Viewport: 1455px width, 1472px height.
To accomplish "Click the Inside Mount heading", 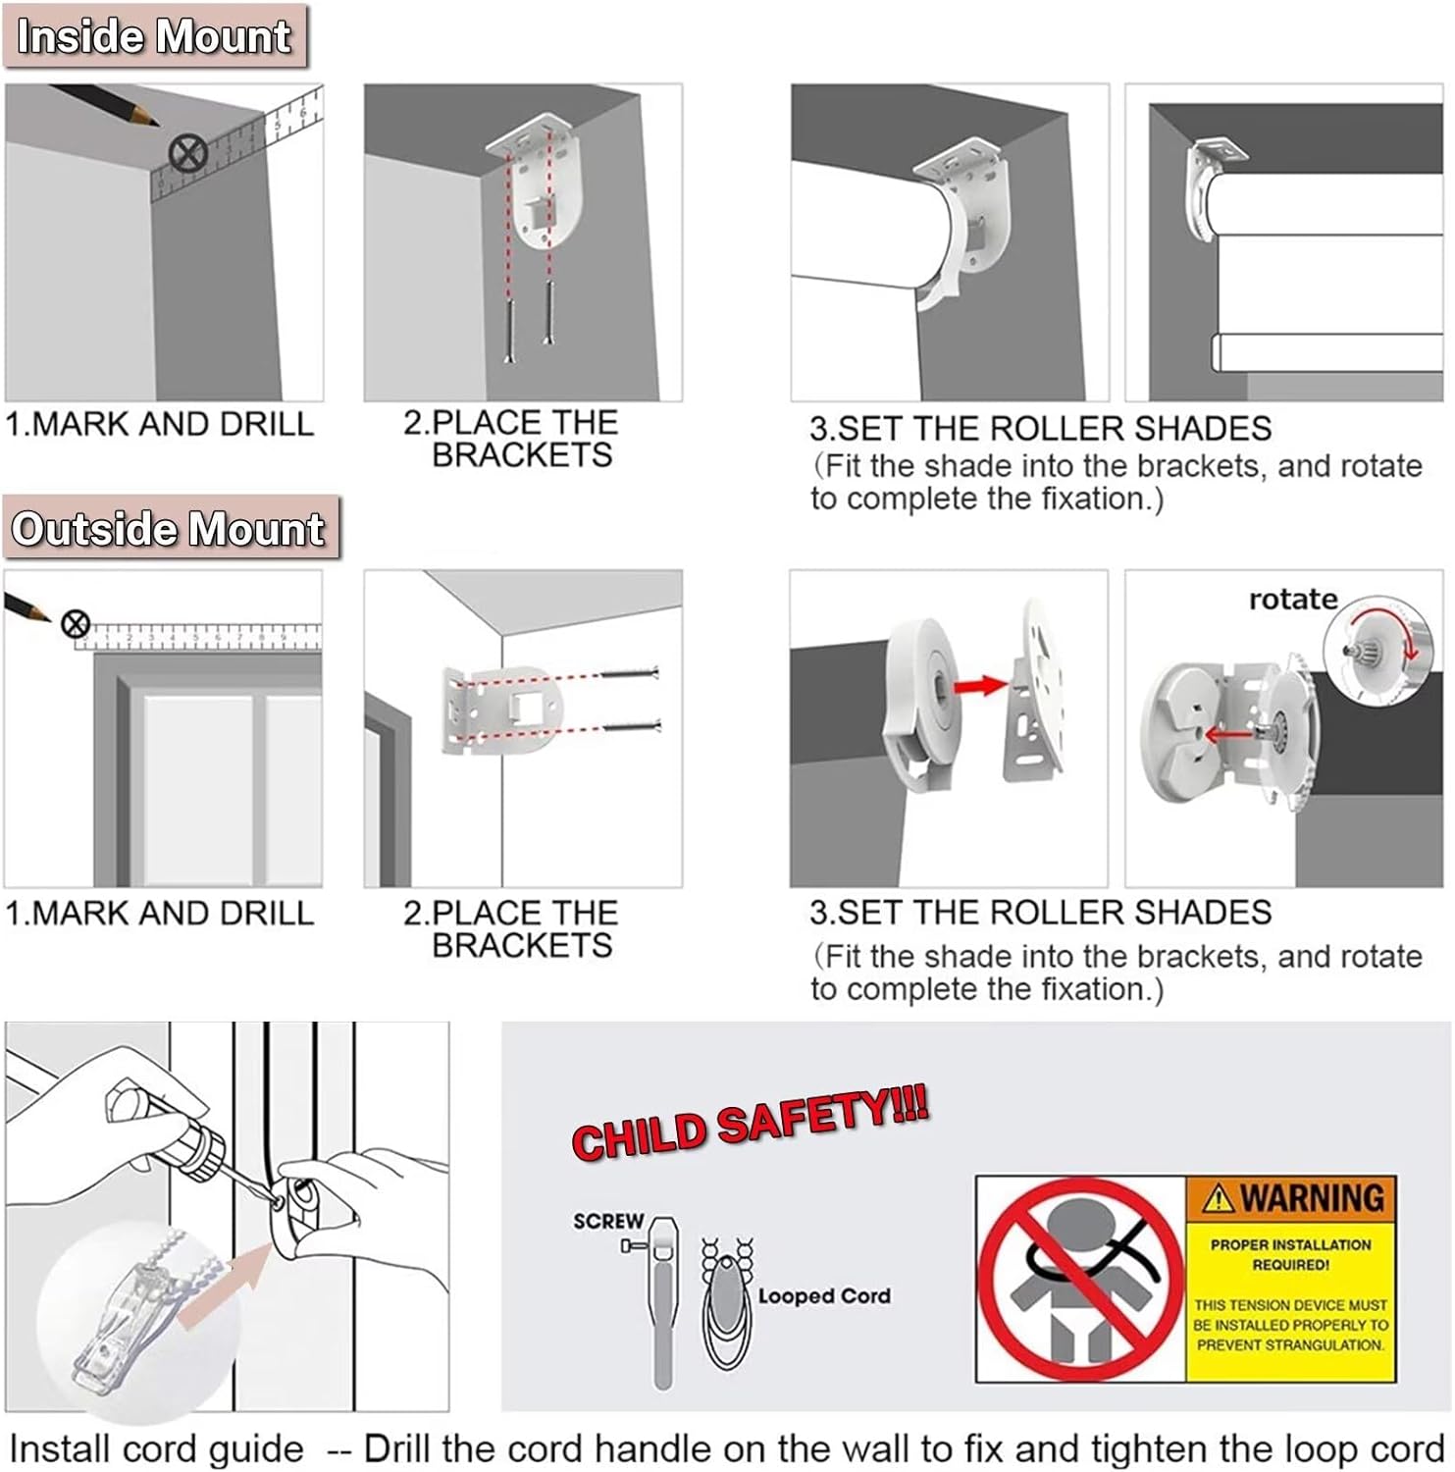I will coord(154,36).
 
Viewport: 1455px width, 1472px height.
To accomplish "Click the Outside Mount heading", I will coord(168,529).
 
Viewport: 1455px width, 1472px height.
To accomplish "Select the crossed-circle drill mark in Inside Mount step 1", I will coord(187,154).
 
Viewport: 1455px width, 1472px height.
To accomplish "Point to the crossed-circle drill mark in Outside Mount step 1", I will coord(76,624).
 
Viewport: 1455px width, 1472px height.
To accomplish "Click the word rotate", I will coord(1292,600).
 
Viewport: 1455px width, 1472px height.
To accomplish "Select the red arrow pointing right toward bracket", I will coord(981,686).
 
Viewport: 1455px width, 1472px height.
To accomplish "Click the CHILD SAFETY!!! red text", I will coord(750,1125).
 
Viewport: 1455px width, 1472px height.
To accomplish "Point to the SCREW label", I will coord(608,1222).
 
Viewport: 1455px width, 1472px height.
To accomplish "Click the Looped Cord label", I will coord(823,1296).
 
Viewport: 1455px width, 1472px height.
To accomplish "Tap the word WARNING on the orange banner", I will coord(1312,1198).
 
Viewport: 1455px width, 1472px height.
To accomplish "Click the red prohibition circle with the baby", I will coord(1080,1279).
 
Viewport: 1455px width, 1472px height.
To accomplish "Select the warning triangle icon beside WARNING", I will coord(1218,1198).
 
